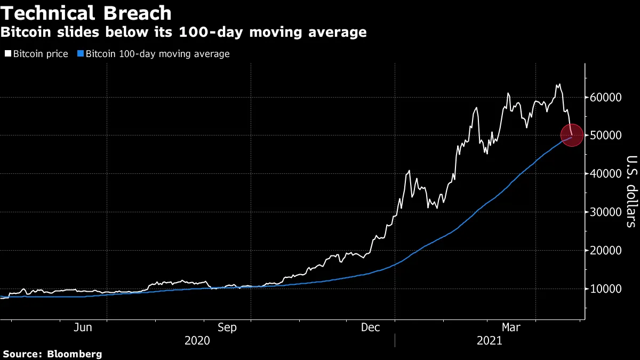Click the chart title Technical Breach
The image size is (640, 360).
click(x=86, y=13)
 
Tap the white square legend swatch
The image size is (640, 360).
click(x=7, y=54)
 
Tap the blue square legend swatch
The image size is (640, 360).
click(x=81, y=54)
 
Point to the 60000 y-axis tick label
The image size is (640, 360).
click(x=606, y=98)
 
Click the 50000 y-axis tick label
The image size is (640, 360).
click(x=606, y=135)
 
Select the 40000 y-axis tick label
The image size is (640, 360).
click(x=606, y=174)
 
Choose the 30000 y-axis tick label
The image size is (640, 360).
click(x=606, y=212)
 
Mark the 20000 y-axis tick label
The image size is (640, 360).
click(x=606, y=251)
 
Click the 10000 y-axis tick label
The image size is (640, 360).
click(x=606, y=289)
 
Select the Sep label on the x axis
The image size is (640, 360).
click(x=228, y=327)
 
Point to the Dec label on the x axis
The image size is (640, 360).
click(x=372, y=327)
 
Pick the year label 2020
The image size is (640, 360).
click(x=197, y=340)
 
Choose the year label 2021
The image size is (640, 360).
click(x=489, y=340)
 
